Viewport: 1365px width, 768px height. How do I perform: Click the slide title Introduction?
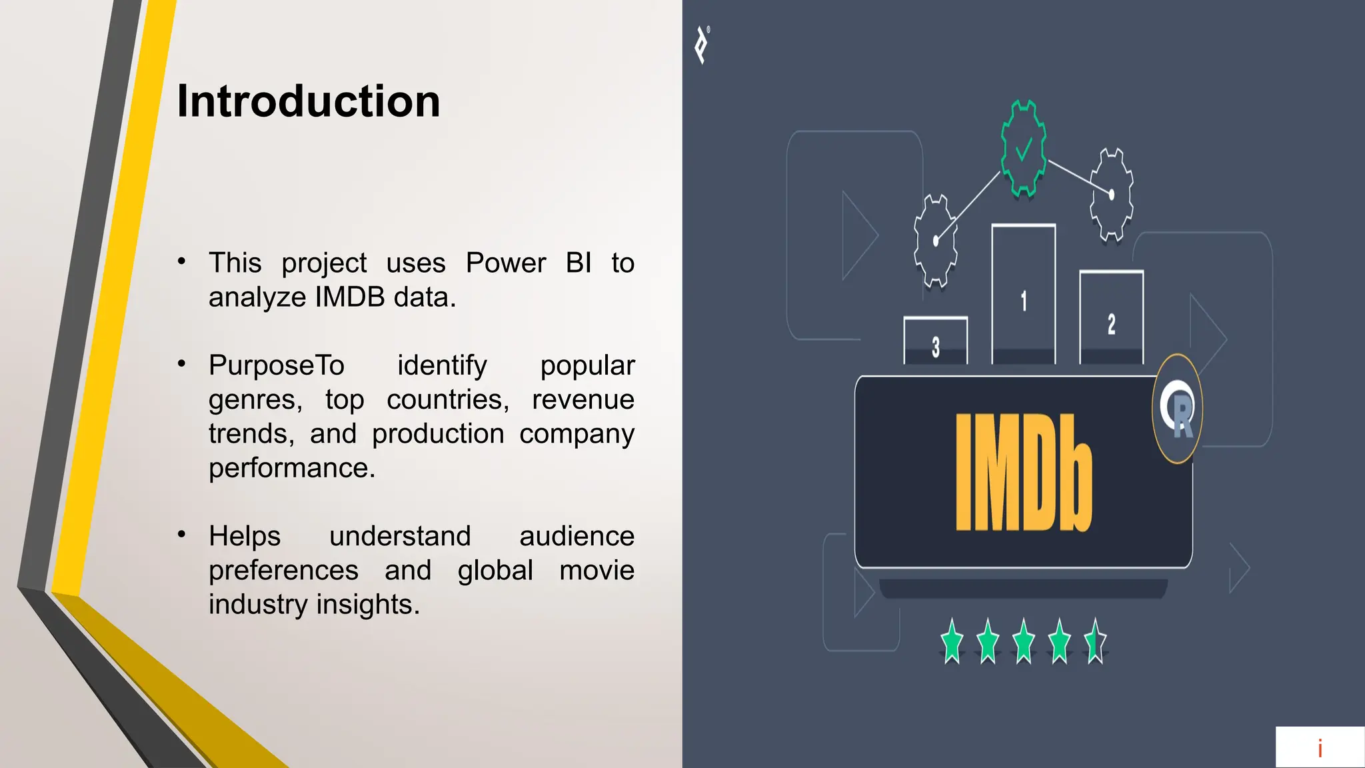pyautogui.click(x=308, y=101)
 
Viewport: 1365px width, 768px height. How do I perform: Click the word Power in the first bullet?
pyautogui.click(x=506, y=263)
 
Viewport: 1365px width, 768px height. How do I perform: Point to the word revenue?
pyautogui.click(x=583, y=400)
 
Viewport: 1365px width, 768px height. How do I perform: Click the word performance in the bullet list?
pyautogui.click(x=292, y=468)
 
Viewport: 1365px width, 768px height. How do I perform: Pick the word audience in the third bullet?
pyautogui.click(x=577, y=536)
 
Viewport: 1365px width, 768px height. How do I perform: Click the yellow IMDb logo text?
pyautogui.click(x=1023, y=473)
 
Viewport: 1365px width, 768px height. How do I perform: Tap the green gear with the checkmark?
pyautogui.click(x=1024, y=148)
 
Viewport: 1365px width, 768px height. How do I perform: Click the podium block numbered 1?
pyautogui.click(x=1024, y=295)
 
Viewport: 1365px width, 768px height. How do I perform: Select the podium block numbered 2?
pyautogui.click(x=1111, y=318)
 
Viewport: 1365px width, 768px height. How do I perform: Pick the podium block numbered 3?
pyautogui.click(x=935, y=341)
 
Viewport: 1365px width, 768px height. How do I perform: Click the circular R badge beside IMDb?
pyautogui.click(x=1177, y=409)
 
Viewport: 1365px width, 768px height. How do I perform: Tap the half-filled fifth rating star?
pyautogui.click(x=1095, y=641)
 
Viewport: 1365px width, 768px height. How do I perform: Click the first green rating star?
pyautogui.click(x=952, y=641)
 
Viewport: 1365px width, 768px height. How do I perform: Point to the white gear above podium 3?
pyautogui.click(x=936, y=241)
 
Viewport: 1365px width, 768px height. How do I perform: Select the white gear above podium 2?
pyautogui.click(x=1111, y=194)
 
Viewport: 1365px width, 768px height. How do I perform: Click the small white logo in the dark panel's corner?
pyautogui.click(x=702, y=45)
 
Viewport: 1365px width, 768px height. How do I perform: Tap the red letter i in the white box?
pyautogui.click(x=1320, y=749)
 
